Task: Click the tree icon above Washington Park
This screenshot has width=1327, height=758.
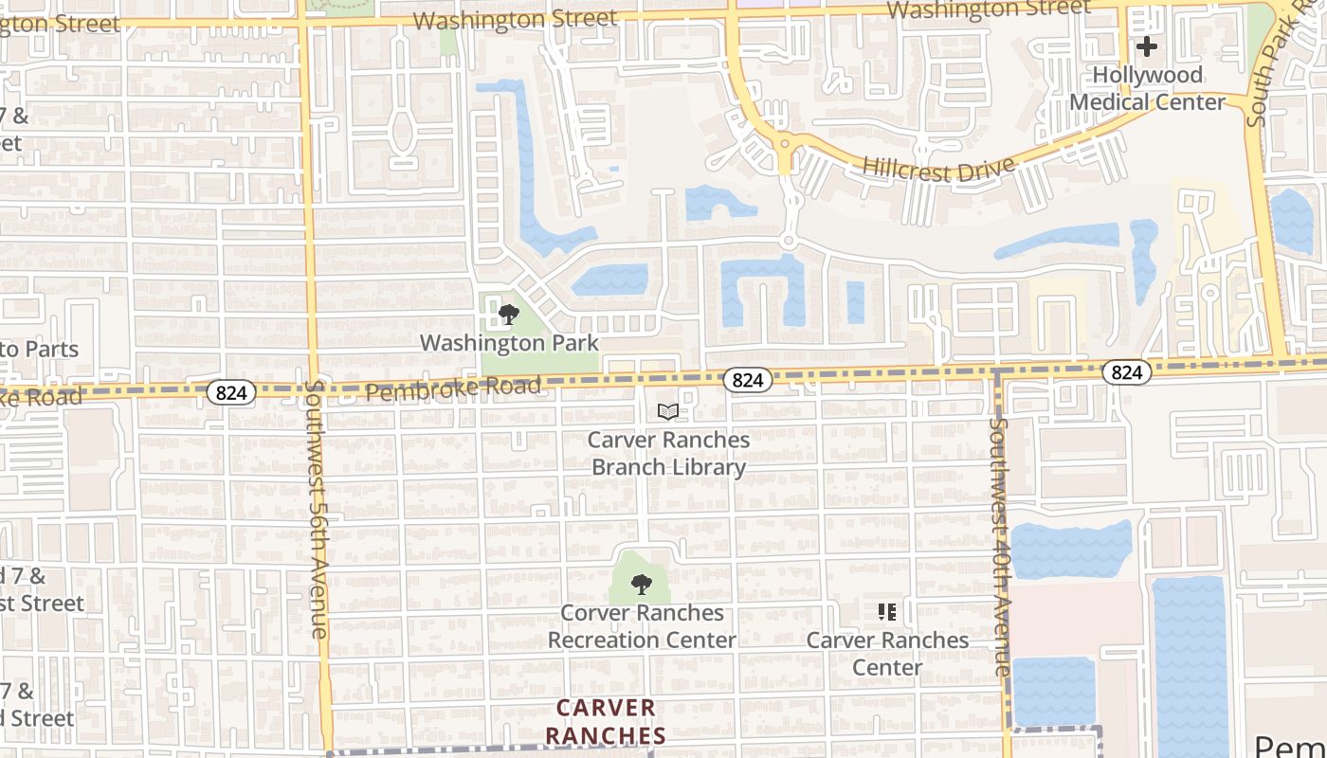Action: point(509,315)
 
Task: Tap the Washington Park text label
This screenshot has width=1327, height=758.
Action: point(509,343)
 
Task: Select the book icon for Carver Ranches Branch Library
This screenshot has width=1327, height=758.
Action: point(668,412)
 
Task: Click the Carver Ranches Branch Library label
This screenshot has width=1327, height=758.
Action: point(668,454)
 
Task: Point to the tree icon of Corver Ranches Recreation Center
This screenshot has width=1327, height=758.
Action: point(642,584)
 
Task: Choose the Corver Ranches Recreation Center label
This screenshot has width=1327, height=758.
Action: point(642,626)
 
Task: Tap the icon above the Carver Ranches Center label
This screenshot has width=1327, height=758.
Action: point(887,612)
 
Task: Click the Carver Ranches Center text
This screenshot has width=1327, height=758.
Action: point(887,654)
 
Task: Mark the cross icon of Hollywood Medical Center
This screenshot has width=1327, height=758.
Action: point(1147,45)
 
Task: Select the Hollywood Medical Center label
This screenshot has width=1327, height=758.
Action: point(1147,88)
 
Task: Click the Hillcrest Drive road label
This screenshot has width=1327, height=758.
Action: point(938,169)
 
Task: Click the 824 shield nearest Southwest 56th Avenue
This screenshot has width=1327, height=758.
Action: point(233,392)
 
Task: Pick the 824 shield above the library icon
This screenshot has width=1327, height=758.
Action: point(747,380)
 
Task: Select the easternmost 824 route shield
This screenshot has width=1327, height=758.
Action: point(1126,372)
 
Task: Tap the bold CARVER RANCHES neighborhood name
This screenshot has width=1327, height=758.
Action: point(606,722)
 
